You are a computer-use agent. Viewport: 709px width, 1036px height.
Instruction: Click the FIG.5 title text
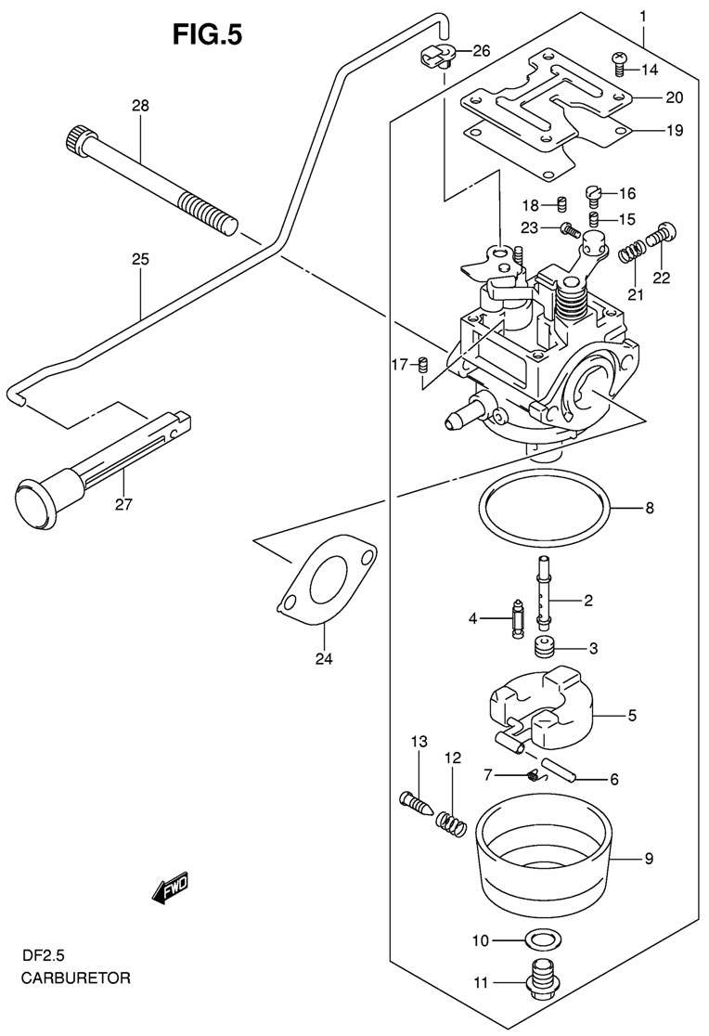(208, 34)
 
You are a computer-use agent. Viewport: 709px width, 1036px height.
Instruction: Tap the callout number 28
(140, 107)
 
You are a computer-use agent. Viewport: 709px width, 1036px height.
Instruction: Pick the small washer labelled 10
(536, 939)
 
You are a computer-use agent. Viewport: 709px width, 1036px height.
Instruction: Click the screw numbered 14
(620, 62)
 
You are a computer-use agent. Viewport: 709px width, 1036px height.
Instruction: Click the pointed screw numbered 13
(417, 801)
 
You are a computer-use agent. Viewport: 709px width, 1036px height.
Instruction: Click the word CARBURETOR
(77, 978)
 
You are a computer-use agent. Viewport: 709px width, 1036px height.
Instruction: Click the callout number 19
(674, 130)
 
